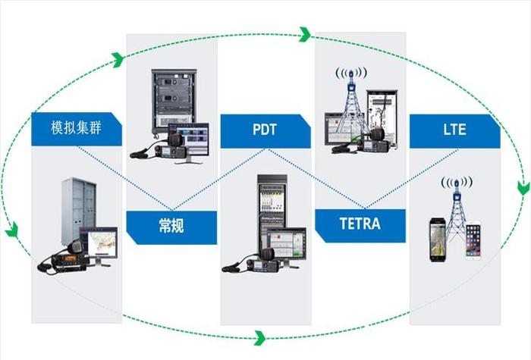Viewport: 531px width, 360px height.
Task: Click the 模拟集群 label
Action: coord(76,130)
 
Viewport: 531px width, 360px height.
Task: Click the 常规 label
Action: coord(171,226)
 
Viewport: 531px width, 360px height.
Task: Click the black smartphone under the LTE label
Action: coord(436,238)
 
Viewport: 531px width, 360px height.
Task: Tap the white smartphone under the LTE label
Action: coord(473,240)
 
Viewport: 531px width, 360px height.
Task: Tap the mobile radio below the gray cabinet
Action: coord(64,261)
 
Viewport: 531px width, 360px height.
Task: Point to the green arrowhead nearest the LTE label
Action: coord(522,188)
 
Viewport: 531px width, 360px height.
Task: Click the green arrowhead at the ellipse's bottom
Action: coord(261,336)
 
